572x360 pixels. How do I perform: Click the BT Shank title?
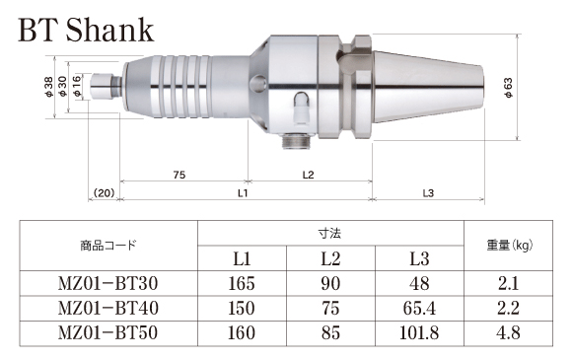coord(86,30)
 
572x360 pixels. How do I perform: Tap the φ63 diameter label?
coord(508,88)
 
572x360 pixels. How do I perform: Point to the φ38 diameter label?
coord(48,87)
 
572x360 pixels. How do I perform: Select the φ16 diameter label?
coord(77,87)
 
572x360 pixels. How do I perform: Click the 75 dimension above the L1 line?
coord(179,176)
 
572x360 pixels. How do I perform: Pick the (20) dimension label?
coord(104,192)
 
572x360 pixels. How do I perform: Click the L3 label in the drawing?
coord(428,193)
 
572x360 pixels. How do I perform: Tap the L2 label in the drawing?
coord(309,176)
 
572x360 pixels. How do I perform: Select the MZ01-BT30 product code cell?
coord(107,283)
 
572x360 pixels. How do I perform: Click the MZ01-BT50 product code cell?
coord(107,333)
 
